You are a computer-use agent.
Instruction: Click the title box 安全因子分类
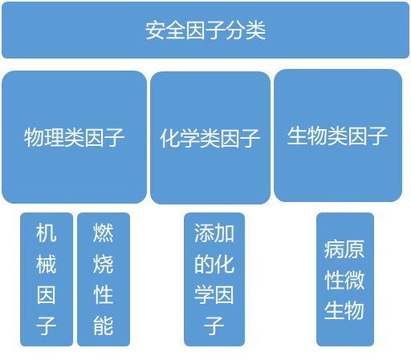pyautogui.click(x=205, y=30)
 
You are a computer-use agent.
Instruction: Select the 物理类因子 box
pyautogui.click(x=74, y=136)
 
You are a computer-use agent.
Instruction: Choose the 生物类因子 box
pyautogui.click(x=337, y=135)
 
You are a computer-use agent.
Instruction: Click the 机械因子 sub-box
pyautogui.click(x=47, y=279)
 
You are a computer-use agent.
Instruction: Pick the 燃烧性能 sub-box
pyautogui.click(x=103, y=279)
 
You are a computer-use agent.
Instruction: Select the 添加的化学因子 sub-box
pyautogui.click(x=214, y=279)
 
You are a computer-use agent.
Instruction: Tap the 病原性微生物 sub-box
pyautogui.click(x=344, y=279)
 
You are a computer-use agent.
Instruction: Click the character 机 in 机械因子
pyautogui.click(x=47, y=233)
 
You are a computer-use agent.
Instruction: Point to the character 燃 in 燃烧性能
pyautogui.click(x=103, y=233)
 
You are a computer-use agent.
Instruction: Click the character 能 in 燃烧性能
pyautogui.click(x=103, y=326)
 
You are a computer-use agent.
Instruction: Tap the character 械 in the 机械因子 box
pyautogui.click(x=47, y=264)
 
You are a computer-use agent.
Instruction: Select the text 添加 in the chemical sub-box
pyautogui.click(x=214, y=233)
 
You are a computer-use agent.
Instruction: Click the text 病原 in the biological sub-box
pyautogui.click(x=344, y=249)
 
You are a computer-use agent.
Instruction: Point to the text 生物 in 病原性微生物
pyautogui.click(x=344, y=309)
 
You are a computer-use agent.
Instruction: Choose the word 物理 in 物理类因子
pyautogui.click(x=44, y=137)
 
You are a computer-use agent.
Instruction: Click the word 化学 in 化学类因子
pyautogui.click(x=180, y=139)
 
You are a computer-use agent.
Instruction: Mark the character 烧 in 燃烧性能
pyautogui.click(x=103, y=264)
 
